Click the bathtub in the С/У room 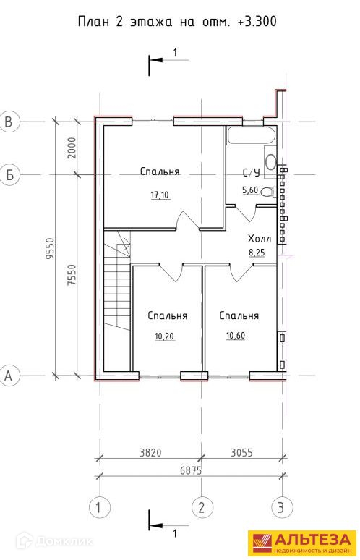(251, 136)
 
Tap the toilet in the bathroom (269, 192)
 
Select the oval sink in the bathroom (271, 162)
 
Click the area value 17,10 (160, 195)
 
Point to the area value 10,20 (165, 336)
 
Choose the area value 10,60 (236, 336)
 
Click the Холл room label (260, 239)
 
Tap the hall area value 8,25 (257, 253)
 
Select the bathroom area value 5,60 (250, 190)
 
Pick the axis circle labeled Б (9, 175)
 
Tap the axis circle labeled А (9, 376)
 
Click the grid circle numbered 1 (99, 507)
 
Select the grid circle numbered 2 (202, 507)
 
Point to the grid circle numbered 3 (282, 507)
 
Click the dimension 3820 (150, 453)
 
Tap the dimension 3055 (241, 453)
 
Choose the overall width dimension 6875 (191, 471)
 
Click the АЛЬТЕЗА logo (302, 544)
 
